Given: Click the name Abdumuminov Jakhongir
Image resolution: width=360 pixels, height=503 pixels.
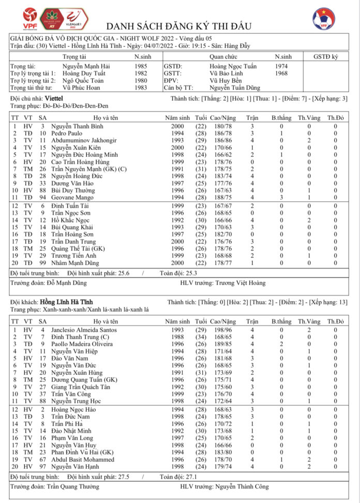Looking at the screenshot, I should pyautogui.click(x=83, y=140).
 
